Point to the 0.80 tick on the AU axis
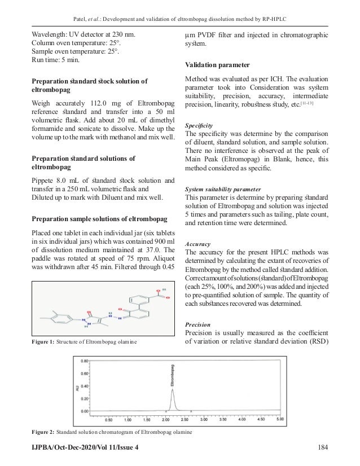pyautogui.click(x=85, y=359)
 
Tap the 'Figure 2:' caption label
pyautogui.click(x=43, y=432)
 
